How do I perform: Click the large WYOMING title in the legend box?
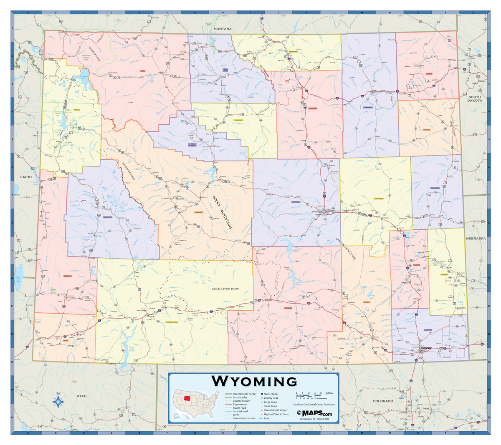click(x=254, y=381)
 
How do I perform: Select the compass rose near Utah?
click(x=58, y=401)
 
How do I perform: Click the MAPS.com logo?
click(x=314, y=413)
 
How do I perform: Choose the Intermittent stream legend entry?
click(x=244, y=418)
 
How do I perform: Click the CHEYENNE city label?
click(x=426, y=348)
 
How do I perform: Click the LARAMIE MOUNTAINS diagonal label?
click(x=346, y=249)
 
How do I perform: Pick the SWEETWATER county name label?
click(x=172, y=322)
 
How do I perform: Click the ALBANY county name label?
click(x=367, y=302)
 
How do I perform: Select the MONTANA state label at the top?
click(x=222, y=29)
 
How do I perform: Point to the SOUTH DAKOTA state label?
click(x=474, y=98)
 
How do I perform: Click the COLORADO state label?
click(x=382, y=401)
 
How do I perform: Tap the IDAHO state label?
click(x=26, y=177)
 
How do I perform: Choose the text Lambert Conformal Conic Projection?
click(x=314, y=405)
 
